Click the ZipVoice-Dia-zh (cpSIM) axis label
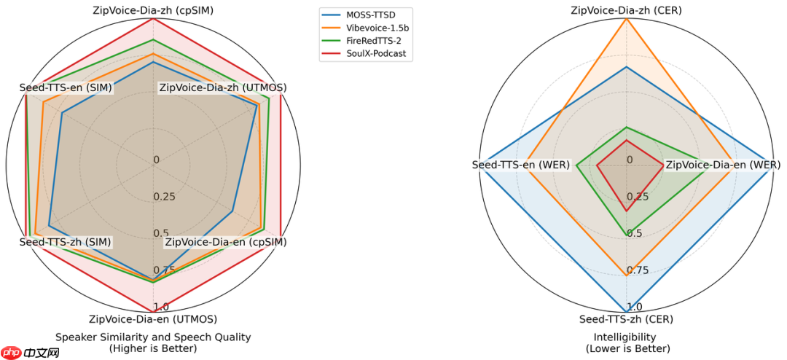(x=153, y=10)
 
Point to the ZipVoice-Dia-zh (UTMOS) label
(x=222, y=87)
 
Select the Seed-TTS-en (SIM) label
(x=56, y=87)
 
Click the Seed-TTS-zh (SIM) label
(x=56, y=241)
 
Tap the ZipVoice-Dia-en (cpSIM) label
(x=225, y=241)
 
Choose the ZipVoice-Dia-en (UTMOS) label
(x=153, y=318)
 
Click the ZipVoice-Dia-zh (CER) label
(x=626, y=10)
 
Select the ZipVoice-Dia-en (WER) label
(x=723, y=165)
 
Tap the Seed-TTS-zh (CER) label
(x=626, y=318)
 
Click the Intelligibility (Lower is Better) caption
(x=626, y=343)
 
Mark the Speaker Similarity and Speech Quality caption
(x=153, y=343)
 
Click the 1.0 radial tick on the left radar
(x=161, y=307)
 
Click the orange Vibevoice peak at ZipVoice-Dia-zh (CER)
(x=626, y=19)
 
